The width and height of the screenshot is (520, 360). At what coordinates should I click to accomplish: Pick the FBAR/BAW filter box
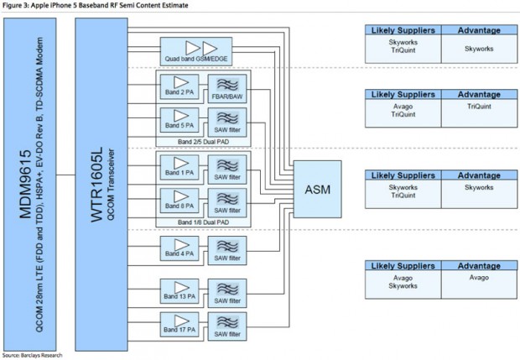click(226, 88)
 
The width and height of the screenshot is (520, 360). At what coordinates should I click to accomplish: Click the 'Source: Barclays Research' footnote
click(32, 355)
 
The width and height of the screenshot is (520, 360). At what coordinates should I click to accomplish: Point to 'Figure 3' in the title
click(17, 6)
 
